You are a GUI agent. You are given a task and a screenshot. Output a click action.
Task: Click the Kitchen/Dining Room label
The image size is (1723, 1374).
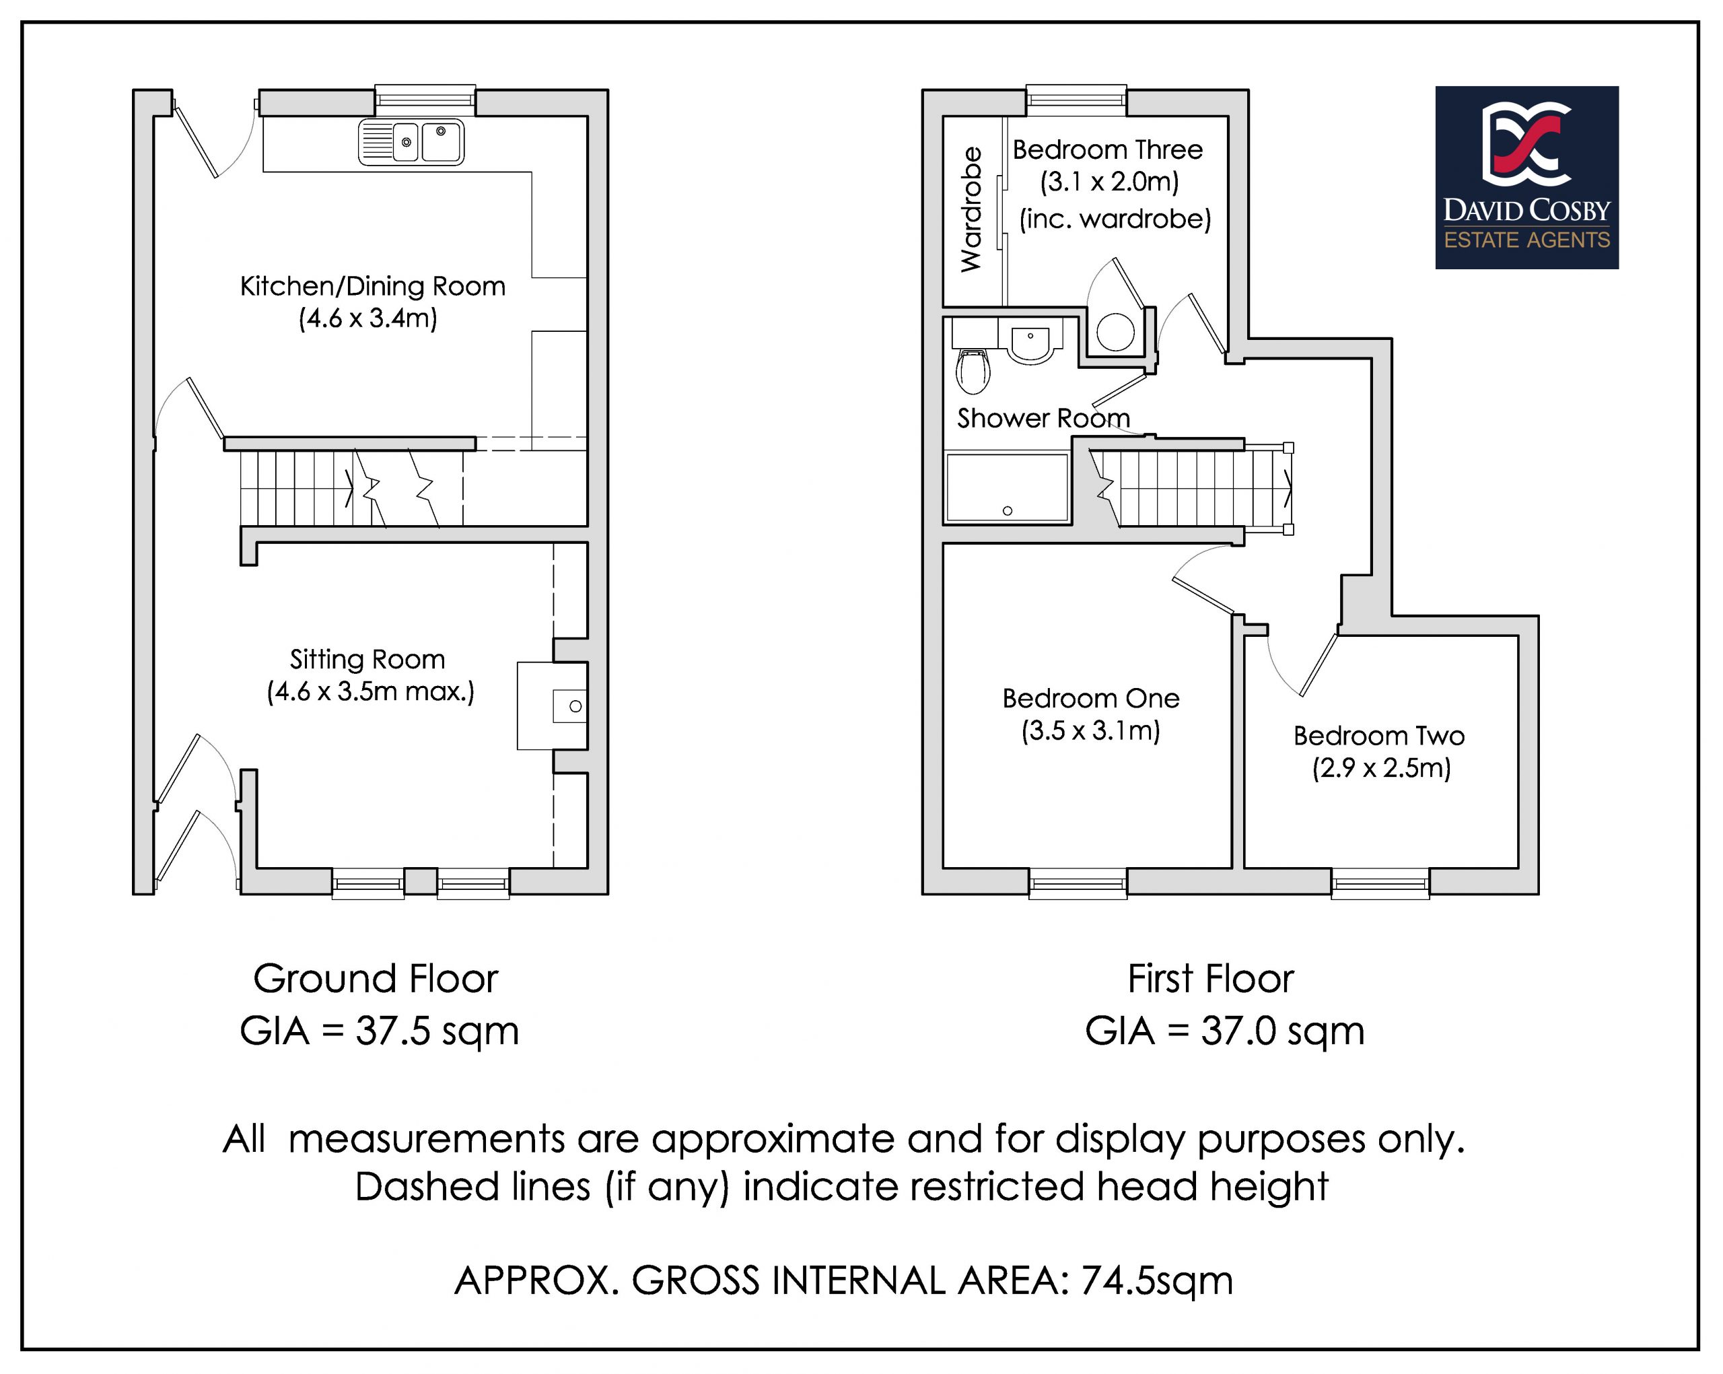pyautogui.click(x=372, y=286)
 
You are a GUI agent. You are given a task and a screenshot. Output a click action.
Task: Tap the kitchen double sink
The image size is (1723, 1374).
pyautogui.click(x=411, y=142)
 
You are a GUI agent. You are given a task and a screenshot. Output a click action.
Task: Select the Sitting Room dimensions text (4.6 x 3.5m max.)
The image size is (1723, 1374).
pyautogui.click(x=370, y=691)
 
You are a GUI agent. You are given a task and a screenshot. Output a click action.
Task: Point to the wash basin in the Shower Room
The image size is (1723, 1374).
pyautogui.click(x=1031, y=342)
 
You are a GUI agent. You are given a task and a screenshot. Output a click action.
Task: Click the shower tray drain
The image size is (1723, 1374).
pyautogui.click(x=1007, y=511)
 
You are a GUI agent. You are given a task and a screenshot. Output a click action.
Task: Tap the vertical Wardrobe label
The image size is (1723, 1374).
pyautogui.click(x=971, y=209)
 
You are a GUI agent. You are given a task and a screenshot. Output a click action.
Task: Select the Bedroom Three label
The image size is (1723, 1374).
pyautogui.click(x=1107, y=149)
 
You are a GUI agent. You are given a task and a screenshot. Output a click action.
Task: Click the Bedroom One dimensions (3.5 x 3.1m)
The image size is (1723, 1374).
pyautogui.click(x=1090, y=730)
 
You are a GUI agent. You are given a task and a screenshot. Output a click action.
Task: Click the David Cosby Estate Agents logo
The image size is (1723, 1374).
pyautogui.click(x=1526, y=178)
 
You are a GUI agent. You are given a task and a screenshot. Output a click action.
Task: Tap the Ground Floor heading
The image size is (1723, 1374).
pyautogui.click(x=376, y=978)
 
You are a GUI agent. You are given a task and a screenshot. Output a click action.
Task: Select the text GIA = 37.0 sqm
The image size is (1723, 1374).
pyautogui.click(x=1224, y=1031)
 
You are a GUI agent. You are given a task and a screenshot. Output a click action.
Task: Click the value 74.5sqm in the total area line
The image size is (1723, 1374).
pyautogui.click(x=1156, y=1280)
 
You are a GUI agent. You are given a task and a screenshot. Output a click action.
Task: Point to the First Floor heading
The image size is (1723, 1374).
pyautogui.click(x=1210, y=978)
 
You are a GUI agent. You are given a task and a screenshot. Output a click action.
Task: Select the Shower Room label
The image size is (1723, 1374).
pyautogui.click(x=1043, y=418)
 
